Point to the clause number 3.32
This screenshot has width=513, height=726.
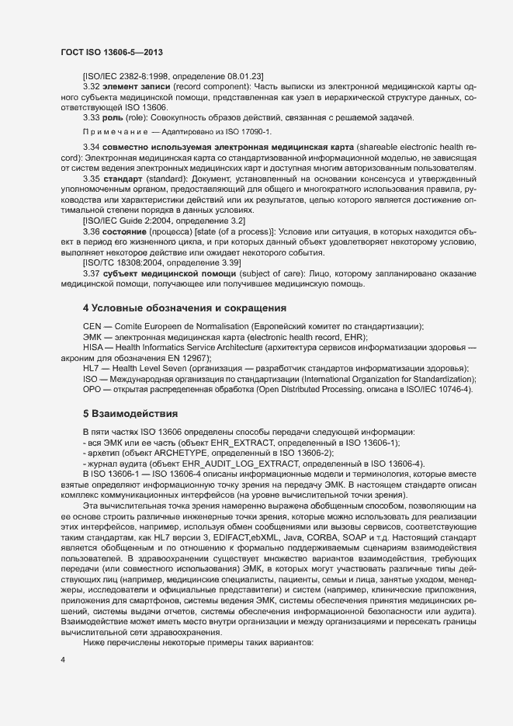point(91,87)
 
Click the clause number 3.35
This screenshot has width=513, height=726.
point(91,179)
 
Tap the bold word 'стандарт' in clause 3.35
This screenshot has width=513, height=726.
point(122,179)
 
